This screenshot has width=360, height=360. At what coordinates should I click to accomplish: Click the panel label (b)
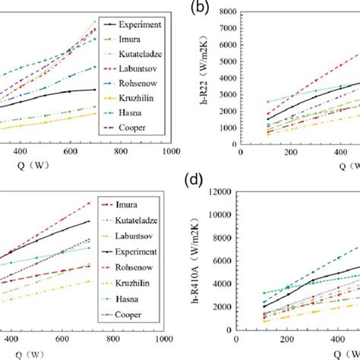pos(201,8)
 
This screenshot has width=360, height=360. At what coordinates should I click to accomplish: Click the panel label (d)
pos(201,182)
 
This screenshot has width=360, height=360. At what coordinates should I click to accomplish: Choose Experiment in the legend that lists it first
pos(134,24)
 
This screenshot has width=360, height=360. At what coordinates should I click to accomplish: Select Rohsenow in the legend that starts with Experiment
pos(132,84)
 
